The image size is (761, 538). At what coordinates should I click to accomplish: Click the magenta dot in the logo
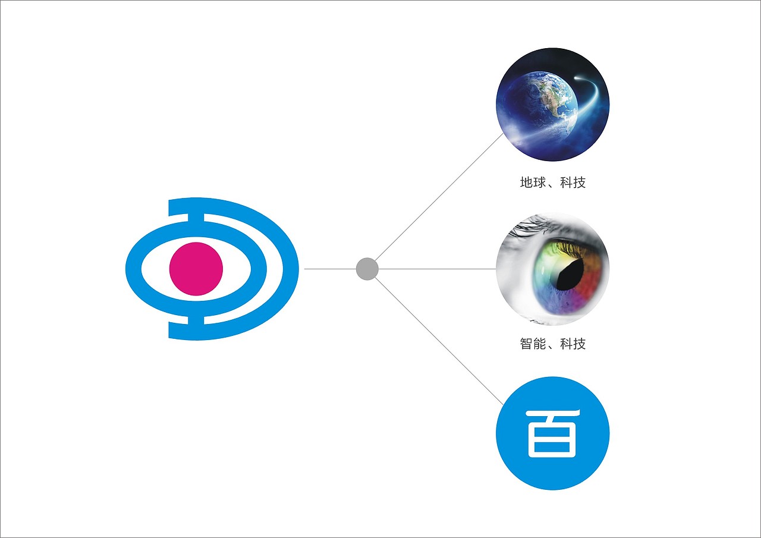196,269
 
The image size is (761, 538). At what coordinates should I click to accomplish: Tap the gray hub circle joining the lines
367,269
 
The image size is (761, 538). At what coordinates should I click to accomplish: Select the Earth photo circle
552,105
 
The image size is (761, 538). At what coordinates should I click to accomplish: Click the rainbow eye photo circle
552,269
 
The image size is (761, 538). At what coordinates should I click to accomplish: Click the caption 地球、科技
552,183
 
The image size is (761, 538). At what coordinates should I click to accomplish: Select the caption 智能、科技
552,344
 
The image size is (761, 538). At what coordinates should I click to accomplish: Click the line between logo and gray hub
330,269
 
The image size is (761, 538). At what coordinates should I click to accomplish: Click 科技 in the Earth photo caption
573,183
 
